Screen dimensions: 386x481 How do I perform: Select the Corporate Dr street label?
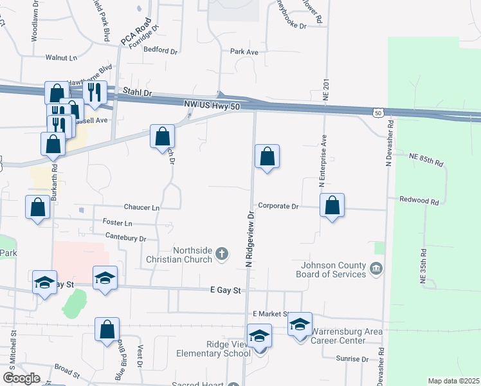point(278,207)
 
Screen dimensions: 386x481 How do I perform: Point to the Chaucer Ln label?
point(142,208)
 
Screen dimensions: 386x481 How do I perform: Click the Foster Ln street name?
point(117,223)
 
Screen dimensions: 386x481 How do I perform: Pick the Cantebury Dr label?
point(125,238)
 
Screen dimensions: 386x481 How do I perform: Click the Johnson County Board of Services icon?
point(377,268)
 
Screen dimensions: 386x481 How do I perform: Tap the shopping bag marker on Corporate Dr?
point(332,206)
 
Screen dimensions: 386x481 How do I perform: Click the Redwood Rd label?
point(418,201)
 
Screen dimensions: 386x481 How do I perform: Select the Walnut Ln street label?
point(61,57)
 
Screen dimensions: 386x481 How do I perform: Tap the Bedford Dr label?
point(160,50)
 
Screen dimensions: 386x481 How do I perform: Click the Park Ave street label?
point(244,51)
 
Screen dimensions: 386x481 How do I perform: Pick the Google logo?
point(21,378)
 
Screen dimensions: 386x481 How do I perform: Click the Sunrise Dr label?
point(351,359)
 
